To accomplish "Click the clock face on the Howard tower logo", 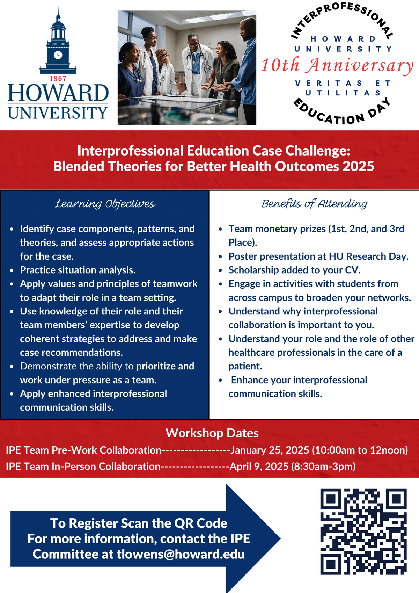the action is (x=58, y=55).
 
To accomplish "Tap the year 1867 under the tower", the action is (x=58, y=79).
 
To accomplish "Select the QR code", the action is (x=363, y=531).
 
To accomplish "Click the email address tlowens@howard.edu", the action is (x=181, y=554).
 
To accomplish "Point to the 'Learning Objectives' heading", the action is (x=105, y=204).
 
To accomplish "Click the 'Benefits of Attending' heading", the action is (x=315, y=204).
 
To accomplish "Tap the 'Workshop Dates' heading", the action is (x=212, y=433).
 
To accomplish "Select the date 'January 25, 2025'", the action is (x=270, y=450).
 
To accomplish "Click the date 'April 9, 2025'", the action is (x=259, y=467).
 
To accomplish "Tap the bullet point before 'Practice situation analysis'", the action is (x=12, y=270).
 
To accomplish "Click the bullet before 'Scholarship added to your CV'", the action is (x=220, y=270).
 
